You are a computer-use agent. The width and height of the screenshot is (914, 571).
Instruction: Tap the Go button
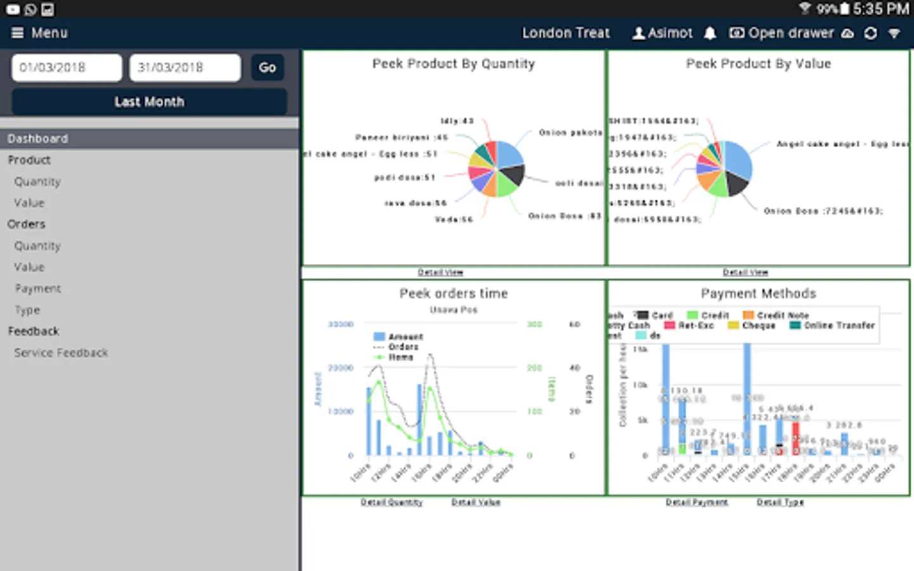point(267,67)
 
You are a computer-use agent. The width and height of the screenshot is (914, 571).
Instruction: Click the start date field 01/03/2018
point(67,67)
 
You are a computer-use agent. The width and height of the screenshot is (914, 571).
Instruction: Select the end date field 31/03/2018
point(185,67)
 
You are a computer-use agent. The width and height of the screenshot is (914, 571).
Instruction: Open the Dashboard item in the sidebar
point(38,138)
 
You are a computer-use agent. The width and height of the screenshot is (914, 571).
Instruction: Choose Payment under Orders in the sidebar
point(38,289)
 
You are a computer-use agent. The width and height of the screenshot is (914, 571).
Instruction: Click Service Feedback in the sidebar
point(61,353)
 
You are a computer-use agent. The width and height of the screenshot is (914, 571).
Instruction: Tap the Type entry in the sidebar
point(27,310)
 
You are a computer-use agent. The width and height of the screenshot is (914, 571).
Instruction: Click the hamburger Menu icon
point(18,33)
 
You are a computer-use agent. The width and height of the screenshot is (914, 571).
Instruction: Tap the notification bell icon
point(710,33)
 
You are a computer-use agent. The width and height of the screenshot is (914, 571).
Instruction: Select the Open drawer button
point(781,33)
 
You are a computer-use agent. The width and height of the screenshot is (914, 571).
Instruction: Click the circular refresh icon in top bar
point(871,33)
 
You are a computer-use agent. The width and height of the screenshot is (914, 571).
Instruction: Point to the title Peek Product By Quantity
point(453,63)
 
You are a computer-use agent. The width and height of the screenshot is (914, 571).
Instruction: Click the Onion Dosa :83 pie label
point(564,216)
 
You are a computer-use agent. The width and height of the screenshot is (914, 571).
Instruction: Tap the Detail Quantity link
point(392,502)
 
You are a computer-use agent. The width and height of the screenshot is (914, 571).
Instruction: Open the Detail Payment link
point(696,502)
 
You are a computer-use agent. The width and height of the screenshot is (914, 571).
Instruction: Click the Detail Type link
point(780,502)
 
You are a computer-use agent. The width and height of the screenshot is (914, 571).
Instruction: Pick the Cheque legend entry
point(752,325)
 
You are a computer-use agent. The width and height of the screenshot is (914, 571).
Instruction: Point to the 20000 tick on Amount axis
point(340,368)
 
